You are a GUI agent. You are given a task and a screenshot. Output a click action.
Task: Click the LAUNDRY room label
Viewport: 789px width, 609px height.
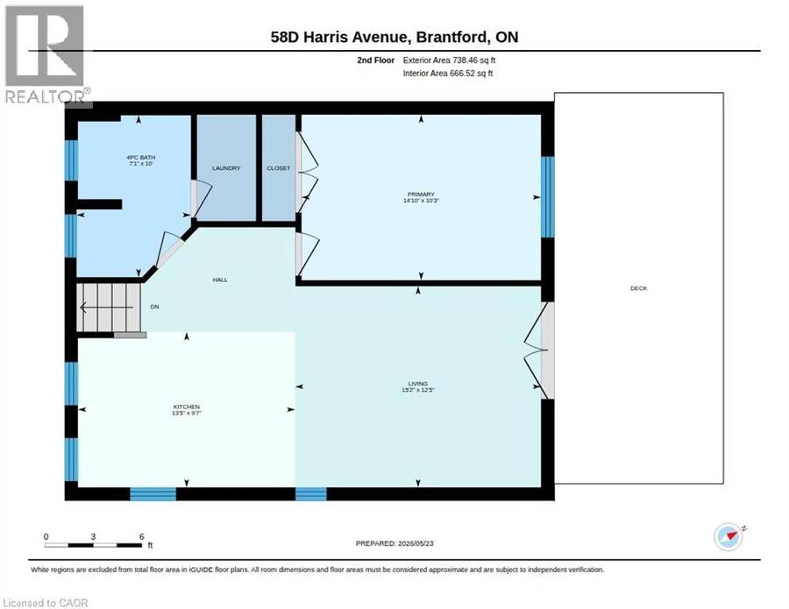226,168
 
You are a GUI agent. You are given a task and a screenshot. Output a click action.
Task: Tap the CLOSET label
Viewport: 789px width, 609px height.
278,168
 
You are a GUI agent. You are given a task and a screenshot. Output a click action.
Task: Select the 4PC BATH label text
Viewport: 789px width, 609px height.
141,158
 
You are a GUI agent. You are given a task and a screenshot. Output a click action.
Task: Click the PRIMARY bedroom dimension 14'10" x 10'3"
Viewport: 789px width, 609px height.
421,201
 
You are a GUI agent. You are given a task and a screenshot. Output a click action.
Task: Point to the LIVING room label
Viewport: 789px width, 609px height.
417,383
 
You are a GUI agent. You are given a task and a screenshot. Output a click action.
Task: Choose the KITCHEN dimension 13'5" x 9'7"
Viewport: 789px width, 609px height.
187,413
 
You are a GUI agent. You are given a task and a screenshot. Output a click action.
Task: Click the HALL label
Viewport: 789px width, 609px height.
220,280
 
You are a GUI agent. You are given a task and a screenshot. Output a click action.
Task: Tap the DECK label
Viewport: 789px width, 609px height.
638,288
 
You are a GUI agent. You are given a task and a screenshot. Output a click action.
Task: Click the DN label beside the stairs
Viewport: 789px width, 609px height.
154,307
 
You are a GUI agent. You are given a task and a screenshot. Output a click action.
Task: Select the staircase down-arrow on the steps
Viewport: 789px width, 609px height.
107,307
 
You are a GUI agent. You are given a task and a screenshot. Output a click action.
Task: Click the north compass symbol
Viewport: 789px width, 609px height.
729,536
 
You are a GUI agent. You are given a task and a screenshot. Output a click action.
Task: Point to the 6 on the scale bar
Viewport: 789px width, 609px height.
141,536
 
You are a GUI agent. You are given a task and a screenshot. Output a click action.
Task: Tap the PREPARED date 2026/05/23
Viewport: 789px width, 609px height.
416,543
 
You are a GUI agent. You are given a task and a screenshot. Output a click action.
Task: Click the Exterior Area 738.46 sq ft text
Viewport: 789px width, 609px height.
449,60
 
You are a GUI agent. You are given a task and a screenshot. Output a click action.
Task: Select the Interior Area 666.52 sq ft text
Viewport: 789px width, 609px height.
448,73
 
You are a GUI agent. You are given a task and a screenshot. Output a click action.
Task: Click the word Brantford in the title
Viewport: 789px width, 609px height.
451,37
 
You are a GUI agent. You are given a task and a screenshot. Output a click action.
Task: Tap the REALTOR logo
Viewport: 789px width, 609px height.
46,55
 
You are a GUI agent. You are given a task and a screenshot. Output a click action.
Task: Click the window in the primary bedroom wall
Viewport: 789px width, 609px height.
547,196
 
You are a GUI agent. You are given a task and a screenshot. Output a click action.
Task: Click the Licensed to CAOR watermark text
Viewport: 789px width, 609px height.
46,603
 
